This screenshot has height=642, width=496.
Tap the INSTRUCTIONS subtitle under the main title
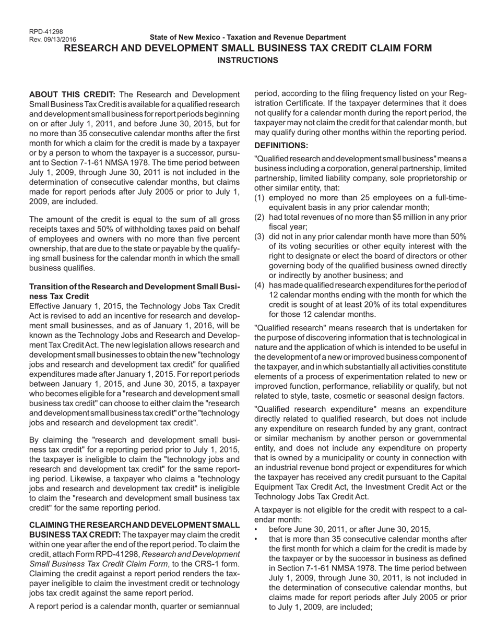point(247,60)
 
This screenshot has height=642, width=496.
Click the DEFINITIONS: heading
point(281,145)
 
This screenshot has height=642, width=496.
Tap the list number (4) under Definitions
point(259,285)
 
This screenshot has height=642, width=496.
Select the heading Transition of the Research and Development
point(134,287)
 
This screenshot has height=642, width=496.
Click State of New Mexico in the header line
point(181,37)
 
